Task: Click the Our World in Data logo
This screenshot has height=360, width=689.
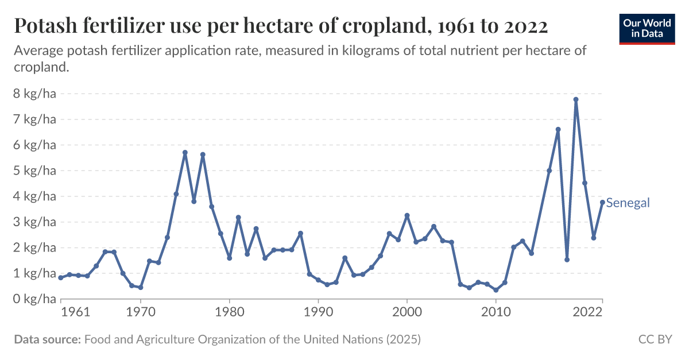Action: [647, 28]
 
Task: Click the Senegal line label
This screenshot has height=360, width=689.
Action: [628, 203]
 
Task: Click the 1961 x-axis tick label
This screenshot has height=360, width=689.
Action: [75, 312]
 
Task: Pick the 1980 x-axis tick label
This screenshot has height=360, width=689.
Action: [230, 312]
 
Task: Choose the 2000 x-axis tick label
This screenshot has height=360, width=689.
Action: [407, 312]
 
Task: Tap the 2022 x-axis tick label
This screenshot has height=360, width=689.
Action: [587, 312]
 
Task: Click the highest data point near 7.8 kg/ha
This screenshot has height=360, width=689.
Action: [576, 100]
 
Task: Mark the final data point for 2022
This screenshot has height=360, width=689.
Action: [602, 202]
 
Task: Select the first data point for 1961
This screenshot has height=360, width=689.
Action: [61, 277]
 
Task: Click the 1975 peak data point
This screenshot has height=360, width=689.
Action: [185, 153]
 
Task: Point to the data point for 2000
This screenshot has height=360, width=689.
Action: [407, 215]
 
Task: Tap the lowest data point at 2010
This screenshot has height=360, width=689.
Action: [496, 290]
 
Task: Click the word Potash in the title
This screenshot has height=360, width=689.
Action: [43, 26]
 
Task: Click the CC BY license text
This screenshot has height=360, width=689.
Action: [655, 339]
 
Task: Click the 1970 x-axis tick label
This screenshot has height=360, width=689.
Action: [141, 312]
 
